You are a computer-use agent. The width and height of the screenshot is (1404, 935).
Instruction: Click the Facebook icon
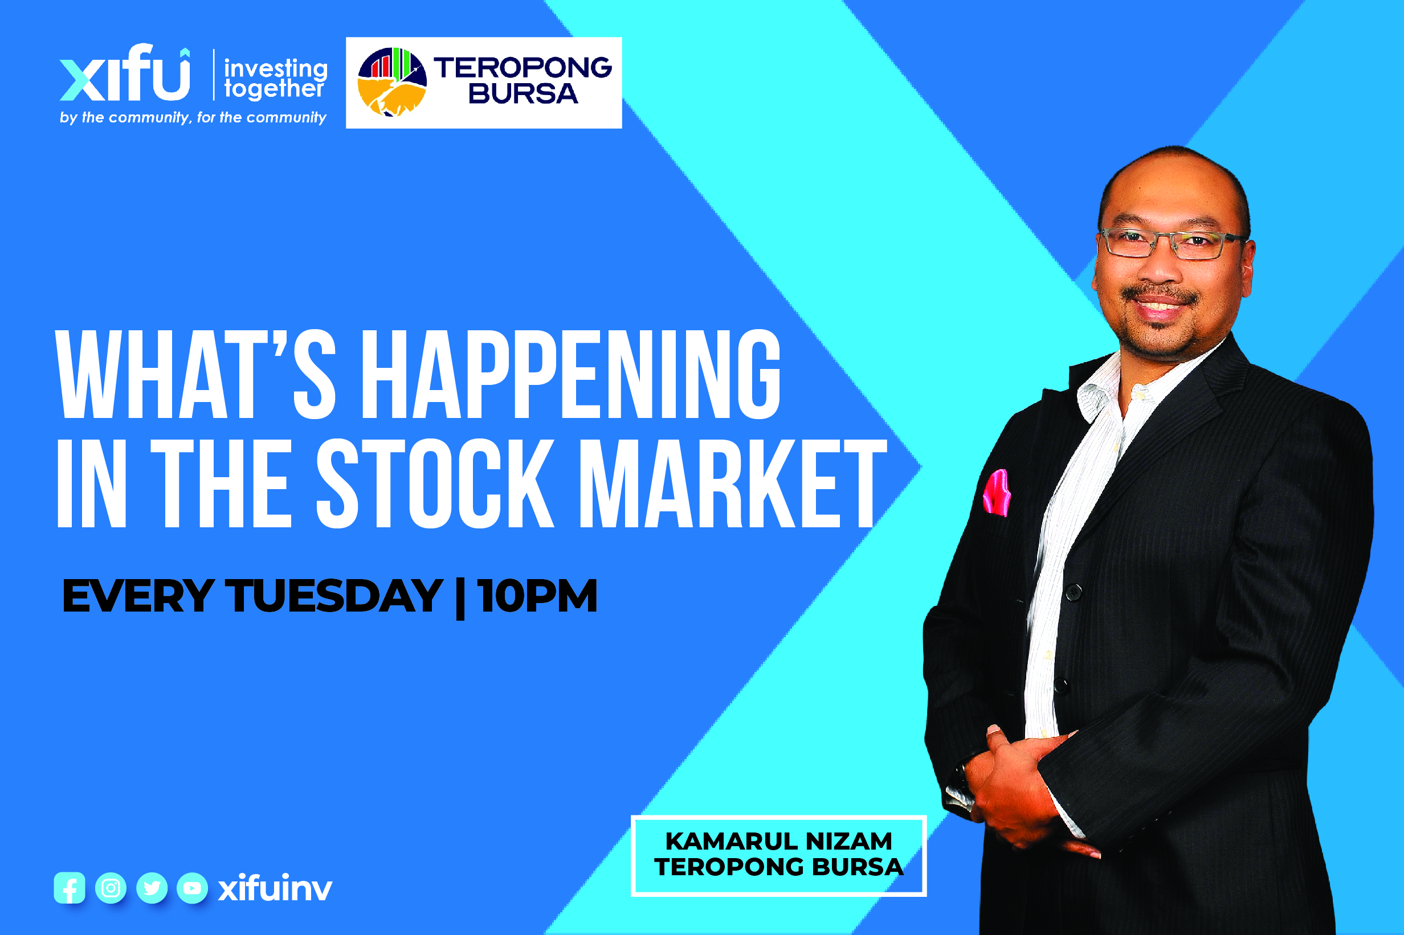tap(69, 888)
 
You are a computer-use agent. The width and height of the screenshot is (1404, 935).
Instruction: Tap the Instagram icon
tap(111, 888)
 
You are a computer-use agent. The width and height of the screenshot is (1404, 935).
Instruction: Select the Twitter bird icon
tap(152, 888)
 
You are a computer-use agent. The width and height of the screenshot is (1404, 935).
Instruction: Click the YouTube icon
tap(192, 888)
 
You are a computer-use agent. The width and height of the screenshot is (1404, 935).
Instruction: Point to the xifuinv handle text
tap(275, 888)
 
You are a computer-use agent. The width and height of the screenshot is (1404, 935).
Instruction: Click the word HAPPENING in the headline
tap(571, 375)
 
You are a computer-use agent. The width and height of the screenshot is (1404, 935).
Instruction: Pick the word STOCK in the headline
tap(435, 483)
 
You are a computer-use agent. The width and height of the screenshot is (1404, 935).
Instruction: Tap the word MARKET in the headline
tap(733, 483)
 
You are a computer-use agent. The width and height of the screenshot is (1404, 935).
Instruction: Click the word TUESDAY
tap(333, 596)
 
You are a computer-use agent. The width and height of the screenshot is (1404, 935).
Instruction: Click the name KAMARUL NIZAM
tap(779, 842)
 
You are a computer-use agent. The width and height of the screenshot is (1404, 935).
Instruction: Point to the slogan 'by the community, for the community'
tap(193, 117)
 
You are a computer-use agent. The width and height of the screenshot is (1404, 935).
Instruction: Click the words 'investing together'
tap(276, 79)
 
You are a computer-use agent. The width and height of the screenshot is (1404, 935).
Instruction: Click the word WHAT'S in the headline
tap(195, 375)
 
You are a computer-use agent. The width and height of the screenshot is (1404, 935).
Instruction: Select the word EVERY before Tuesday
tap(138, 596)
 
